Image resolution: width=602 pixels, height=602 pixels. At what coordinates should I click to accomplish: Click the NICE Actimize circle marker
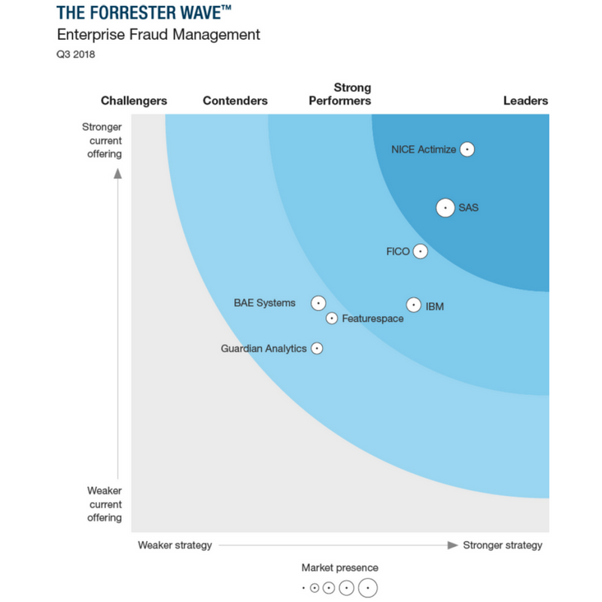click(x=467, y=149)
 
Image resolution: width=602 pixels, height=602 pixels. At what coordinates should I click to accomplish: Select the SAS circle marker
click(x=445, y=208)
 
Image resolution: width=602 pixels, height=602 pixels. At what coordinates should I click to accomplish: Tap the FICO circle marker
click(x=420, y=251)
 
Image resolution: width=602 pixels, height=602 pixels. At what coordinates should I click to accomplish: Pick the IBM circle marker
click(x=413, y=305)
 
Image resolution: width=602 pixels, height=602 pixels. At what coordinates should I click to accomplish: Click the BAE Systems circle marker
click(x=318, y=303)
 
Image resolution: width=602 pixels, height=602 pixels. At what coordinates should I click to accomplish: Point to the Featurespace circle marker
click(x=332, y=318)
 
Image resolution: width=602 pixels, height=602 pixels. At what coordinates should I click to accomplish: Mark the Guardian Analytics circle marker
click(x=317, y=348)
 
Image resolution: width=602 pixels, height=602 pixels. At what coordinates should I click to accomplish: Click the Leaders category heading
click(x=525, y=101)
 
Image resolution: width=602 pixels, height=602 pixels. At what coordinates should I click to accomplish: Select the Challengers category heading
click(x=134, y=101)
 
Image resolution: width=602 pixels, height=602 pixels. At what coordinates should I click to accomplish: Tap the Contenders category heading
click(x=235, y=101)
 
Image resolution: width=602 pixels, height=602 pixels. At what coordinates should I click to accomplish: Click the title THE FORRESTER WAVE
click(x=144, y=14)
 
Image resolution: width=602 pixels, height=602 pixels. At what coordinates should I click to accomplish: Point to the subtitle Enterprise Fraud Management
click(x=159, y=35)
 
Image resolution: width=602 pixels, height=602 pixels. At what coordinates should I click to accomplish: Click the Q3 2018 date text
click(x=76, y=54)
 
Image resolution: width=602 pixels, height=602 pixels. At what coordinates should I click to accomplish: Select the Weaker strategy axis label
click(x=175, y=545)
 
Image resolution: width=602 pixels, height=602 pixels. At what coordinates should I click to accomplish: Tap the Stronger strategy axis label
click(x=502, y=545)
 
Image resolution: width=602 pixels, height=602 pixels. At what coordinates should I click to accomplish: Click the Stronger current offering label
click(x=102, y=141)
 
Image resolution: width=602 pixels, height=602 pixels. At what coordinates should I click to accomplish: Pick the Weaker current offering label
click(x=105, y=504)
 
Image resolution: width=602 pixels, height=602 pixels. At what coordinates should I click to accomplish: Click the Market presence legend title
click(x=340, y=567)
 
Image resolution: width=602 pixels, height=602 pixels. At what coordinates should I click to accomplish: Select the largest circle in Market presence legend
click(x=367, y=588)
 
